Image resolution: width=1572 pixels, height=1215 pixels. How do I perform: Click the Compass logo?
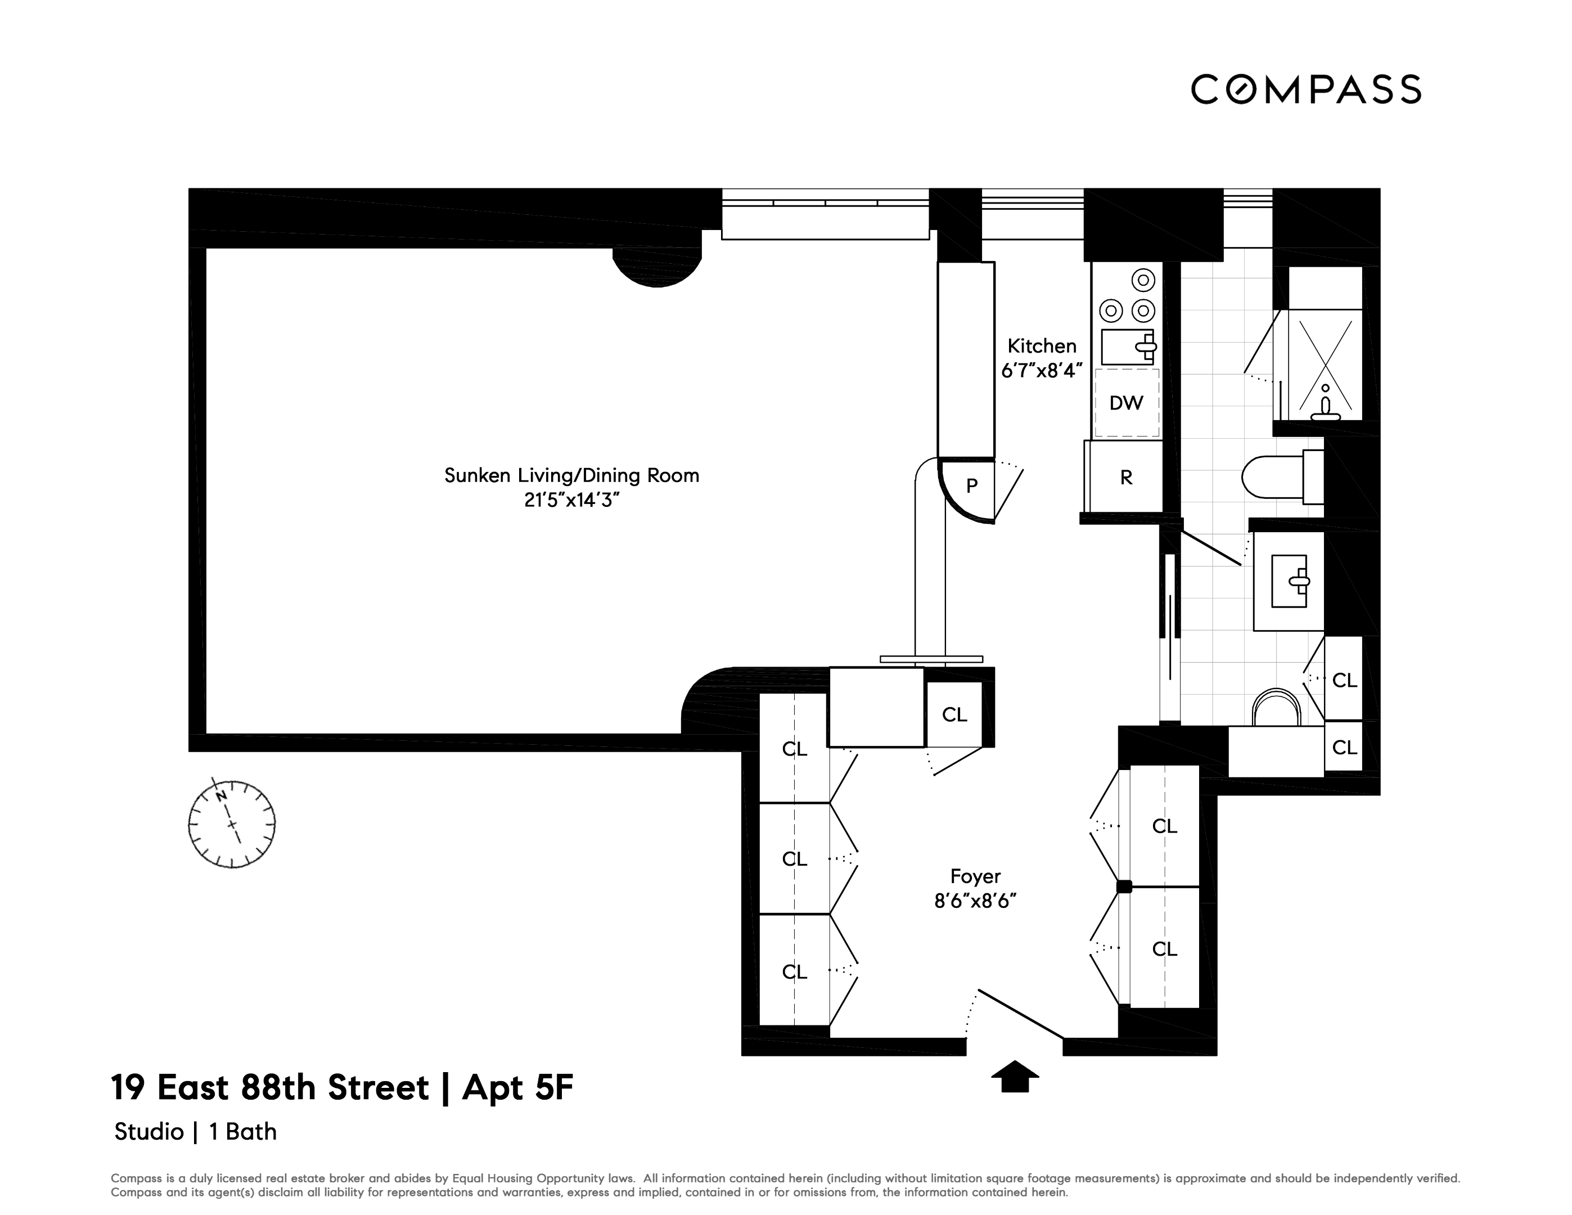point(1305,90)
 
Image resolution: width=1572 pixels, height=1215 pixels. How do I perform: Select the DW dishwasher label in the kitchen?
point(1126,403)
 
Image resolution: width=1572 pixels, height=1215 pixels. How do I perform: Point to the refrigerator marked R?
point(1126,477)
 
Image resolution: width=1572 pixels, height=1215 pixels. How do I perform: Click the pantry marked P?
point(971,486)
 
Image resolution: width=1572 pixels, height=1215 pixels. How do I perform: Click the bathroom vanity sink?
point(1289,580)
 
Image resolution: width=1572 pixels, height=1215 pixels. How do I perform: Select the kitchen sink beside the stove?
point(1128,347)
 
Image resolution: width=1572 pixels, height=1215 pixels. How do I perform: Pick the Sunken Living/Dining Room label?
point(571,476)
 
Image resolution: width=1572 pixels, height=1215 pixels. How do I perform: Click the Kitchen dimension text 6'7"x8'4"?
point(1042,371)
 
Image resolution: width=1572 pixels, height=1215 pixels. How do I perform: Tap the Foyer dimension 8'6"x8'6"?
point(975,901)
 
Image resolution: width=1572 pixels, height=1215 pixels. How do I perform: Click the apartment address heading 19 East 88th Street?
point(342,1088)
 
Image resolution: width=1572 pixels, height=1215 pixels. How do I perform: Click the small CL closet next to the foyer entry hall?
point(954,715)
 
